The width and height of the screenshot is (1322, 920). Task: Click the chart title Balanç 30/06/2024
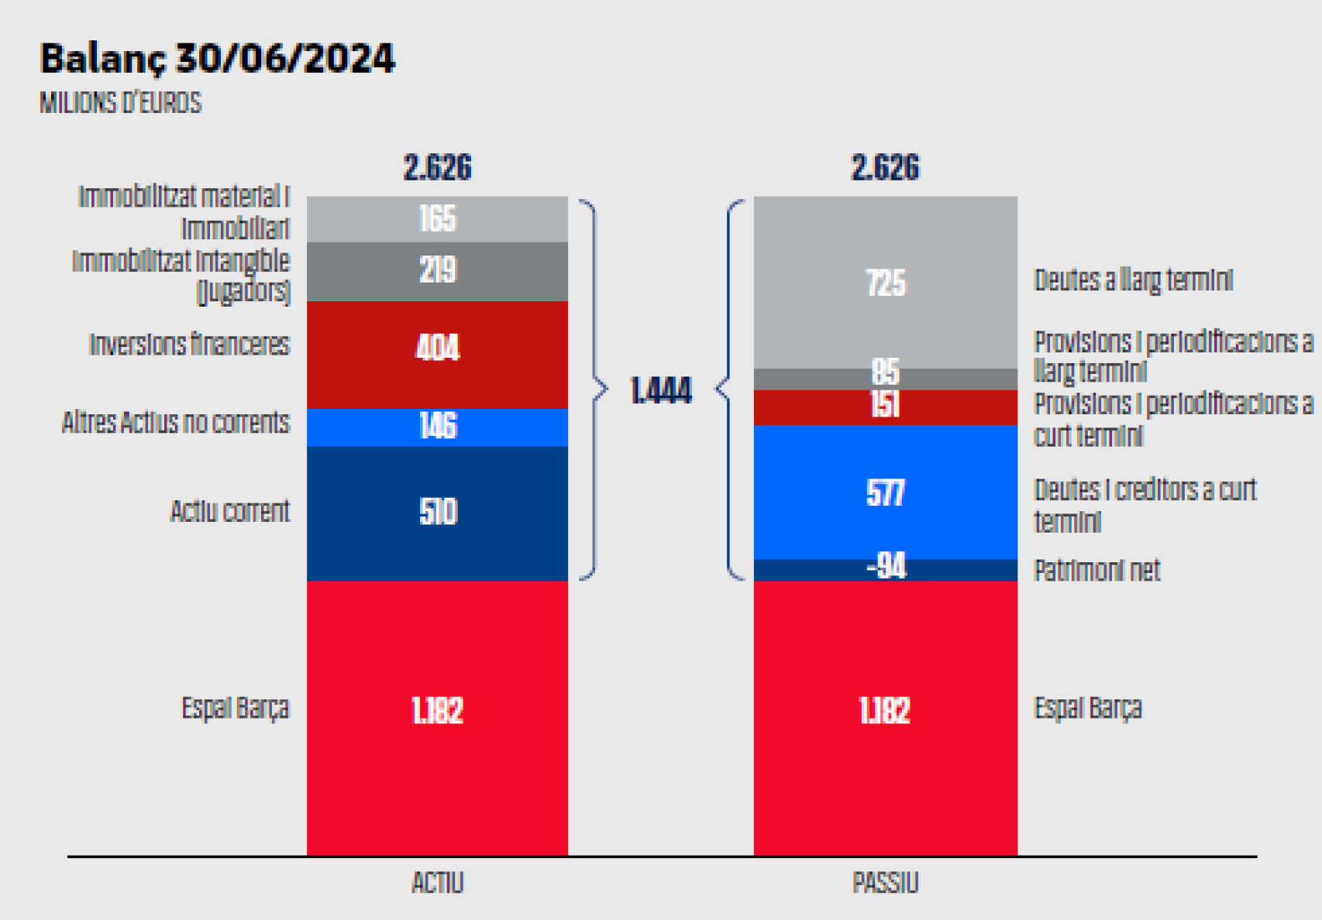click(x=217, y=59)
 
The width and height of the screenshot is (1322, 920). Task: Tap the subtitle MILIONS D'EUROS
click(x=120, y=103)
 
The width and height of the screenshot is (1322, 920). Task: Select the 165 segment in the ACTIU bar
click(x=438, y=219)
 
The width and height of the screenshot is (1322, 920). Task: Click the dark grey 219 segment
click(x=438, y=271)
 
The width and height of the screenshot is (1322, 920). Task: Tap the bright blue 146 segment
click(x=438, y=427)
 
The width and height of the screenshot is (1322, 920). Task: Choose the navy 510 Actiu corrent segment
click(x=438, y=513)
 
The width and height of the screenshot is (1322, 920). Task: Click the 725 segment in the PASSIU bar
click(x=885, y=283)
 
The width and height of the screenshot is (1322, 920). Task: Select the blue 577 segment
click(x=885, y=493)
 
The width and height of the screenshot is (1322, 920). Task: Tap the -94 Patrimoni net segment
click(x=885, y=568)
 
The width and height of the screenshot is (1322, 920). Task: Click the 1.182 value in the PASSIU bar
click(x=885, y=710)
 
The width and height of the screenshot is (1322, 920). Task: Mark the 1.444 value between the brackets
click(x=661, y=391)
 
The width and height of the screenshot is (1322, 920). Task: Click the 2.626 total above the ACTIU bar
click(x=438, y=168)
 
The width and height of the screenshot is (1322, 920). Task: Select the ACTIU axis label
click(x=438, y=883)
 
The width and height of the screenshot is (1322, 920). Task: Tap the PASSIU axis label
click(x=885, y=883)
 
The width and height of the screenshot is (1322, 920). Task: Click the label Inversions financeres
click(x=189, y=345)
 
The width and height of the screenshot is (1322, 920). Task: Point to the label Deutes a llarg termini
click(x=1133, y=280)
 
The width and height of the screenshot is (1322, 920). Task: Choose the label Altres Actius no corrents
click(x=176, y=423)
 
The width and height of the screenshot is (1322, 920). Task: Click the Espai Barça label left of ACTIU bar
click(x=235, y=708)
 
